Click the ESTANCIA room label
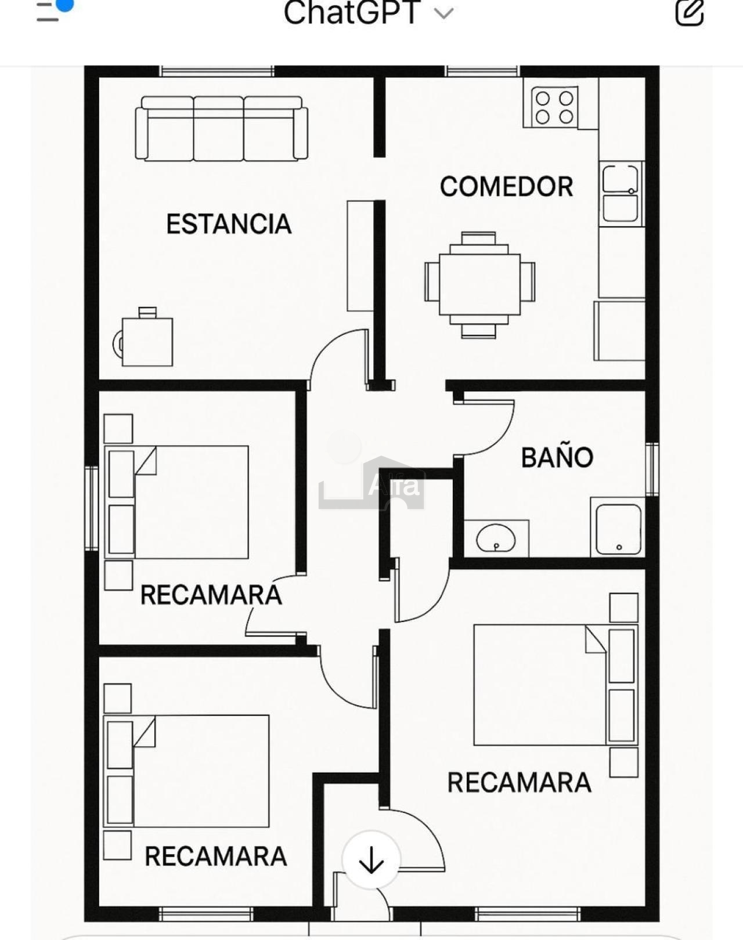[229, 224]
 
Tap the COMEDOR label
[506, 187]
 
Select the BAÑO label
[557, 458]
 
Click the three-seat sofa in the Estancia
[221, 129]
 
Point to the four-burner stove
[554, 107]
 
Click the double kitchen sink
[621, 193]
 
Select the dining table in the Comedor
[479, 284]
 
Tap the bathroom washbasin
[496, 538]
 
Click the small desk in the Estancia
[147, 341]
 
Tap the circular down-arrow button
[371, 860]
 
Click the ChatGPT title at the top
[352, 13]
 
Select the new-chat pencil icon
[690, 12]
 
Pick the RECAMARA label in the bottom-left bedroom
[215, 856]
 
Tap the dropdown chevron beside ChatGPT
[443, 13]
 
